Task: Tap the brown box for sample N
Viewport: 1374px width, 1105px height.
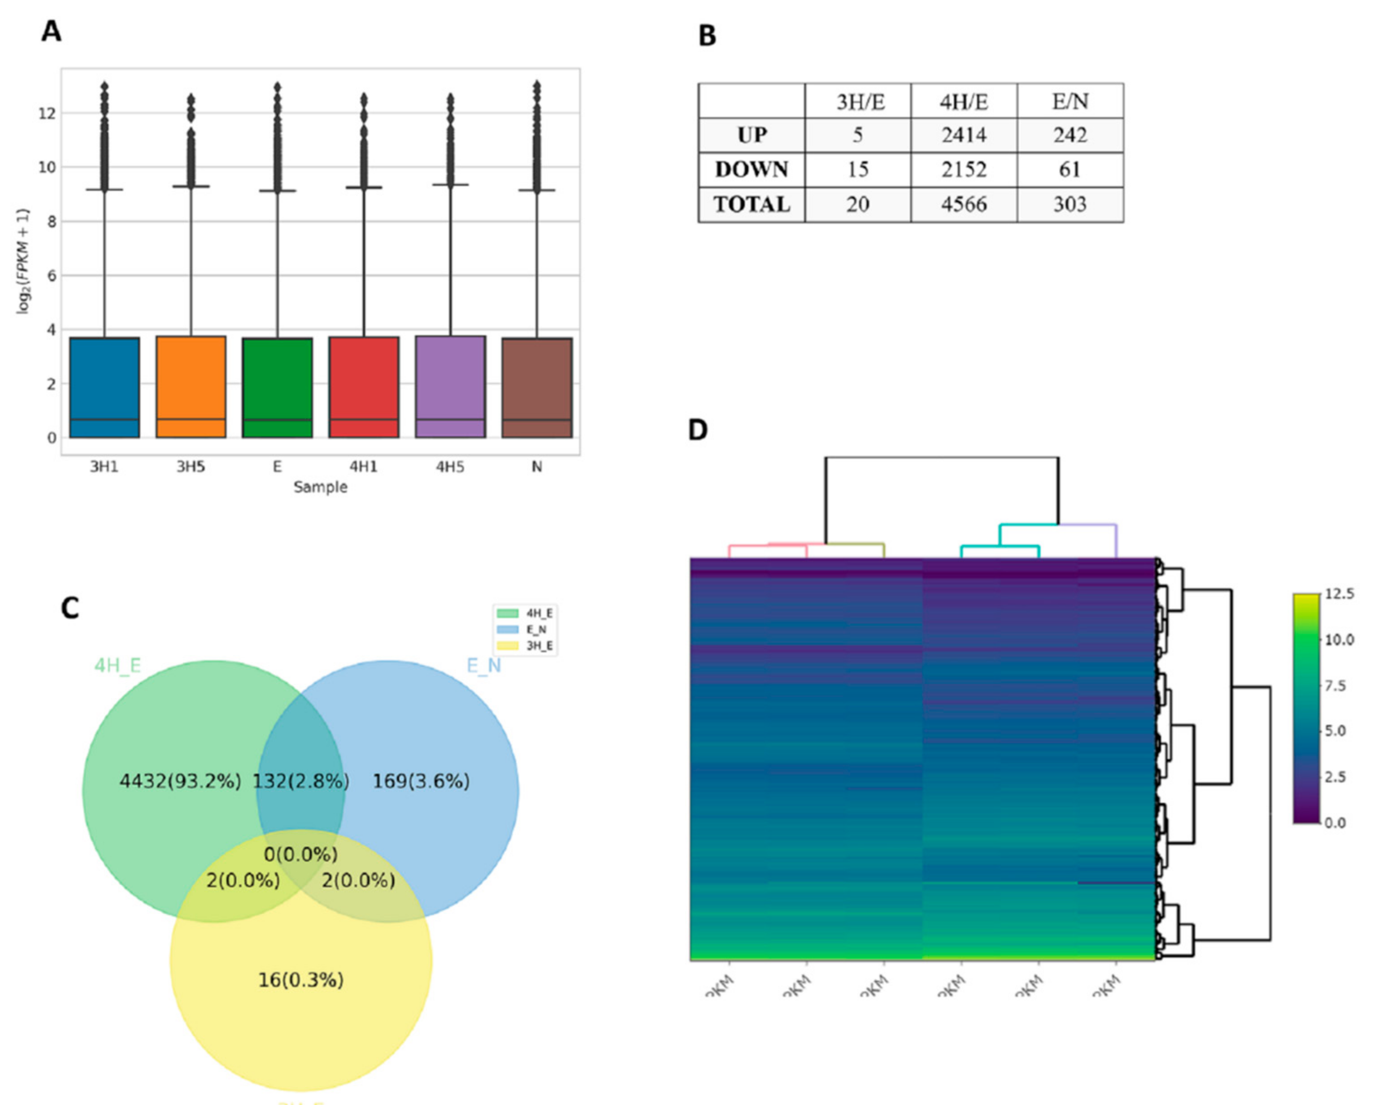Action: click(537, 387)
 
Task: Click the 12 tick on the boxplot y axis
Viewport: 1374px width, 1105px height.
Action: click(47, 113)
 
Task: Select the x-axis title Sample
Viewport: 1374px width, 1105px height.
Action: click(320, 487)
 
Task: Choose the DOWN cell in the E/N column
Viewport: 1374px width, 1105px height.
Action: click(1070, 170)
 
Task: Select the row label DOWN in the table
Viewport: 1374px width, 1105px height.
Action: click(752, 170)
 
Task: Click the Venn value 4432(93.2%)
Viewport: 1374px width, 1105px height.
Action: click(180, 781)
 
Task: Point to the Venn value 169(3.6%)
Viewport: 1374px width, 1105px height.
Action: click(421, 781)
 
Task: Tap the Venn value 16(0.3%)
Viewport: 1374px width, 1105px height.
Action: click(300, 979)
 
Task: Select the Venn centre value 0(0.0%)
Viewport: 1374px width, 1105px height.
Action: click(300, 854)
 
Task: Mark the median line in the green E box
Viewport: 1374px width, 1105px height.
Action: click(277, 420)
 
